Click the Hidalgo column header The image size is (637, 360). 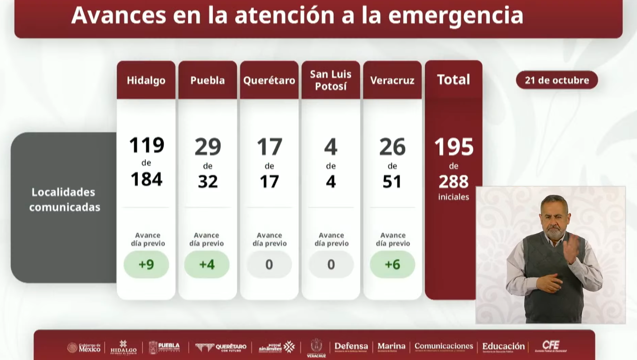pos(146,80)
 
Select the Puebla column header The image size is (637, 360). pos(208,80)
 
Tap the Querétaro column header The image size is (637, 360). pos(269,80)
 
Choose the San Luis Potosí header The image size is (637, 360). pos(331,80)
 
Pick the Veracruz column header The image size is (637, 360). pos(392,80)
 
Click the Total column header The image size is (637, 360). pos(454,80)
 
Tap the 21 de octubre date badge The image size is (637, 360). pos(557,80)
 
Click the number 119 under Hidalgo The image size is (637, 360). pos(146,146)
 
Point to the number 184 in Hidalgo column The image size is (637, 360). pos(146,180)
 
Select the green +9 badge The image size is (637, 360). pos(146,264)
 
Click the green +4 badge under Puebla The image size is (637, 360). pos(207,264)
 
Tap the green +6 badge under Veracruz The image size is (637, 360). pos(392,264)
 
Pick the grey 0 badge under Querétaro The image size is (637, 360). pos(269,264)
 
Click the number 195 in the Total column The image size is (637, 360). pos(454,147)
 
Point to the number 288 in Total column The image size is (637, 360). pos(454,181)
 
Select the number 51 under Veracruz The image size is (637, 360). pos(392,181)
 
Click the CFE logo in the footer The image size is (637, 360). pos(551,346)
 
